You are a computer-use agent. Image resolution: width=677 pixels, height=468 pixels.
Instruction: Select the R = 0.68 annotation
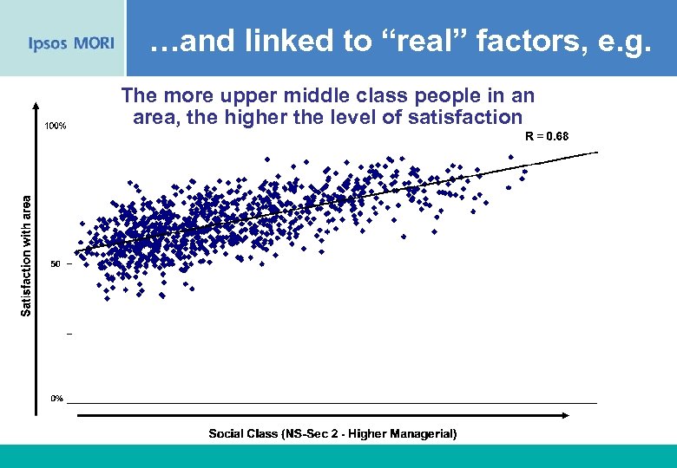click(547, 136)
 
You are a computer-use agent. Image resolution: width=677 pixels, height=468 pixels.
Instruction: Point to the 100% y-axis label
click(56, 126)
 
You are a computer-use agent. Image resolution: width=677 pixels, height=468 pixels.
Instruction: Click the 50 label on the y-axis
click(55, 263)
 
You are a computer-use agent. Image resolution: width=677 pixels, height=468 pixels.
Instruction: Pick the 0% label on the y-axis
click(56, 399)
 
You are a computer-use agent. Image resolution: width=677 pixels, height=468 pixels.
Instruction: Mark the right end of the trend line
click(597, 153)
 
